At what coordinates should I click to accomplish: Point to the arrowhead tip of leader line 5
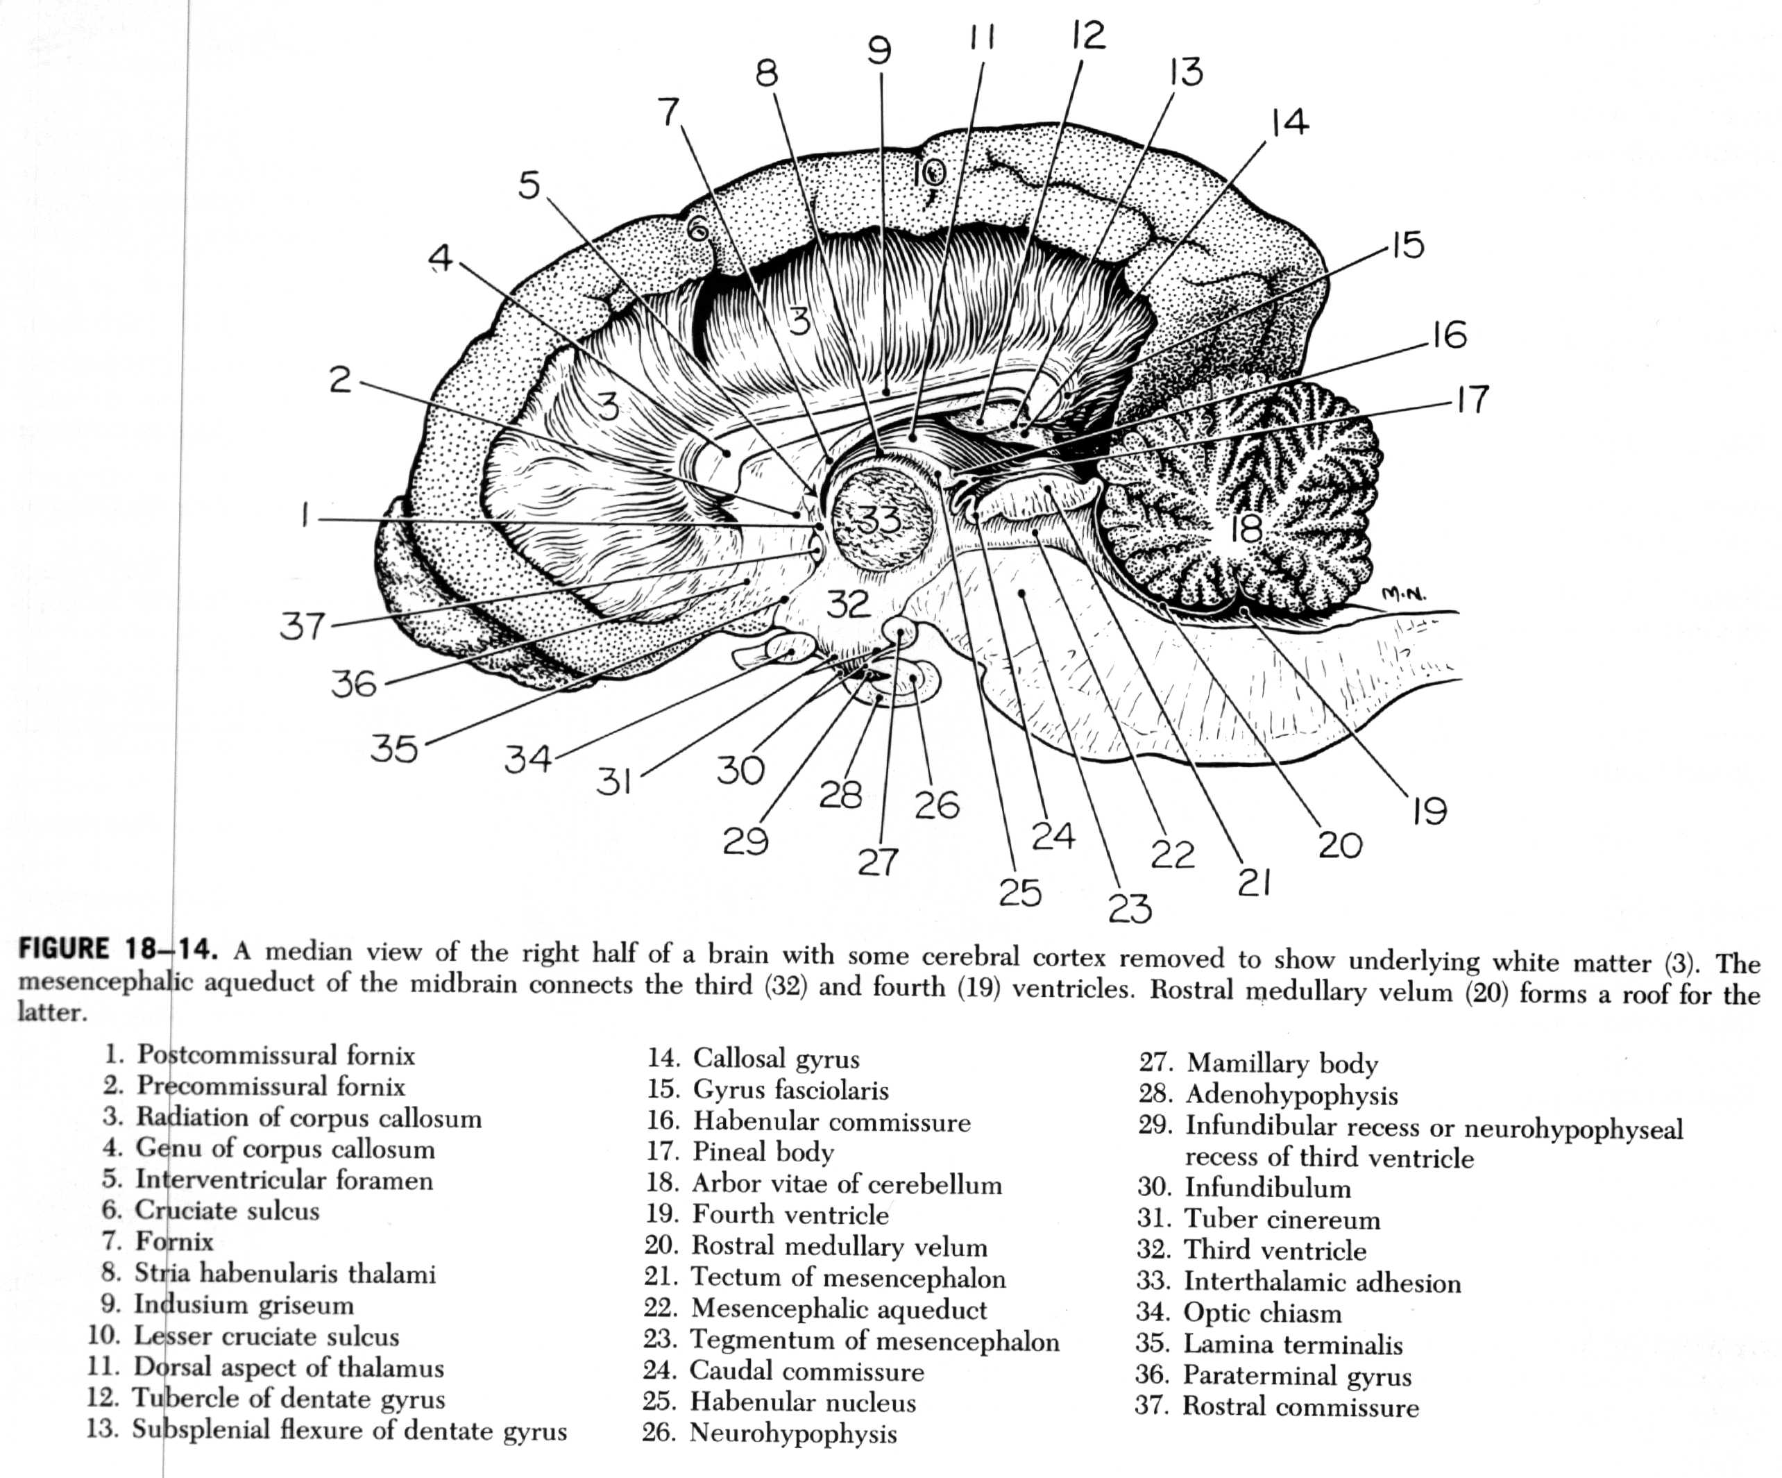pos(816,498)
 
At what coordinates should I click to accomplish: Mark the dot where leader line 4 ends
pos(727,453)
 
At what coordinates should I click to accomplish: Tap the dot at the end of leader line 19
pos(1241,610)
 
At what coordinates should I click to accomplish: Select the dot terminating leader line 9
pos(885,393)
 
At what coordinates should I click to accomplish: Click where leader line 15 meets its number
pos(1389,248)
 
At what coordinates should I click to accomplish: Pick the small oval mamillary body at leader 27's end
pos(899,631)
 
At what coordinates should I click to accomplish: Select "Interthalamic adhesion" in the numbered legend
pos(1321,1282)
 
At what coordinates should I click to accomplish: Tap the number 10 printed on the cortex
pos(929,174)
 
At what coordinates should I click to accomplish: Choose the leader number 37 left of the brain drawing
pos(303,625)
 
